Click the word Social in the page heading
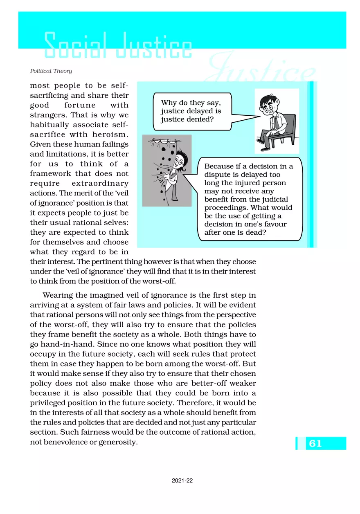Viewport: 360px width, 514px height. tap(74, 46)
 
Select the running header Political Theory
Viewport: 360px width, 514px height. tap(51, 71)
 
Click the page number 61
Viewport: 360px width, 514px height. tap(315, 444)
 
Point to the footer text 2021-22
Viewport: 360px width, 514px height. tap(182, 481)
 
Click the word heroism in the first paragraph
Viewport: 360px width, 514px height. tap(110, 135)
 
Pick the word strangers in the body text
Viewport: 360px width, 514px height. tap(47, 115)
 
